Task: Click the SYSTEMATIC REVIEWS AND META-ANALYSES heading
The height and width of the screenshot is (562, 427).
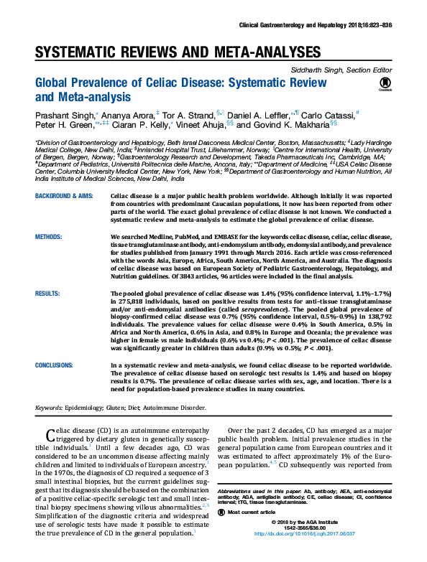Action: [178, 52]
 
